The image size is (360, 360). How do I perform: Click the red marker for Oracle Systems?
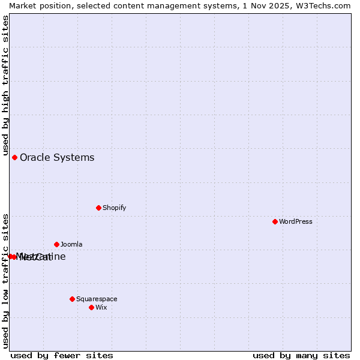[x=14, y=157]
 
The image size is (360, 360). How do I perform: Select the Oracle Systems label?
[x=57, y=158]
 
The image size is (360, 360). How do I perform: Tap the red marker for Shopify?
[x=98, y=208]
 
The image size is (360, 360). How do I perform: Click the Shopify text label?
[x=114, y=208]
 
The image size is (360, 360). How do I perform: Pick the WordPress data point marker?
[x=275, y=221]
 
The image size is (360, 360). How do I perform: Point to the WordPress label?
[x=295, y=221]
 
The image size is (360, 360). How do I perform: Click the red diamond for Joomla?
[x=56, y=244]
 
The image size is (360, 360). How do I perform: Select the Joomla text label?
[x=71, y=244]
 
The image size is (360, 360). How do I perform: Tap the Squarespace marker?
[x=72, y=299]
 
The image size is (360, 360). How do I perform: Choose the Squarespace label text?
[x=97, y=299]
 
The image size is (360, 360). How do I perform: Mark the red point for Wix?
[x=91, y=307]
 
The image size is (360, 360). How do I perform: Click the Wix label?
[x=101, y=307]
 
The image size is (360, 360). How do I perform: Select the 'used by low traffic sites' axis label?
[x=5, y=280]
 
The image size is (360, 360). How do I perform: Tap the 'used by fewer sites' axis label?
[x=62, y=355]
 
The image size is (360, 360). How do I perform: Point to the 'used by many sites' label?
[x=301, y=355]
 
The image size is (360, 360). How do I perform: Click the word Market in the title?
[x=22, y=5]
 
